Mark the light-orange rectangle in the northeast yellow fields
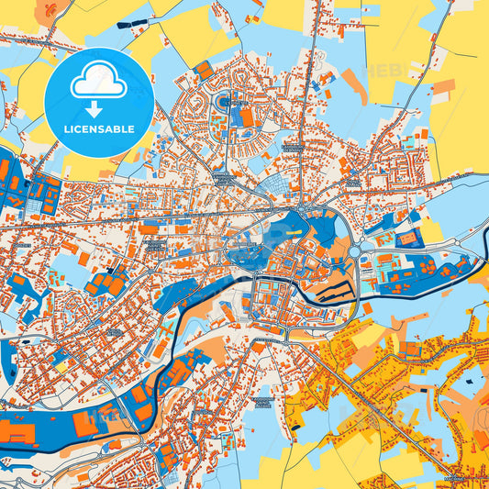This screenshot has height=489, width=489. tap(443, 87)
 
